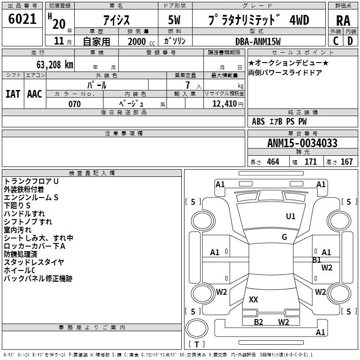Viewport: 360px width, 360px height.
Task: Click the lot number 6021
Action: (22, 19)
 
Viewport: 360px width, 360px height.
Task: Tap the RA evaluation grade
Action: (343, 21)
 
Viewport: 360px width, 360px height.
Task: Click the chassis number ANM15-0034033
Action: (302, 143)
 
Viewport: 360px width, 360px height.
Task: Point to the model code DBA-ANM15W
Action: (258, 41)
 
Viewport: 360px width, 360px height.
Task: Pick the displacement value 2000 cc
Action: (137, 41)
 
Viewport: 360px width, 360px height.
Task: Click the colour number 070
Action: (75, 104)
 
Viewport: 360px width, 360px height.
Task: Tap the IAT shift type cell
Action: (13, 94)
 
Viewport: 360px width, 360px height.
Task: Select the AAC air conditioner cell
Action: (35, 94)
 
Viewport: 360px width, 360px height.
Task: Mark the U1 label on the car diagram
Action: (291, 216)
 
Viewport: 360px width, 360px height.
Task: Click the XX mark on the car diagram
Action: (253, 299)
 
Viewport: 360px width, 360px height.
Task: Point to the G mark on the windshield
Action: (284, 237)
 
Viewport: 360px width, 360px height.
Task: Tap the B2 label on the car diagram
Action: (258, 322)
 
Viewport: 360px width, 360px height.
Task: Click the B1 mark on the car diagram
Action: (316, 260)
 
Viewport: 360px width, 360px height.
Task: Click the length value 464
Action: (273, 162)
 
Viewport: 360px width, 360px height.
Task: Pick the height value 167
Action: (346, 162)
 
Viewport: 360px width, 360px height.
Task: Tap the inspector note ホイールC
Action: (19, 270)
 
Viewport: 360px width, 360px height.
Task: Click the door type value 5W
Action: (175, 21)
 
